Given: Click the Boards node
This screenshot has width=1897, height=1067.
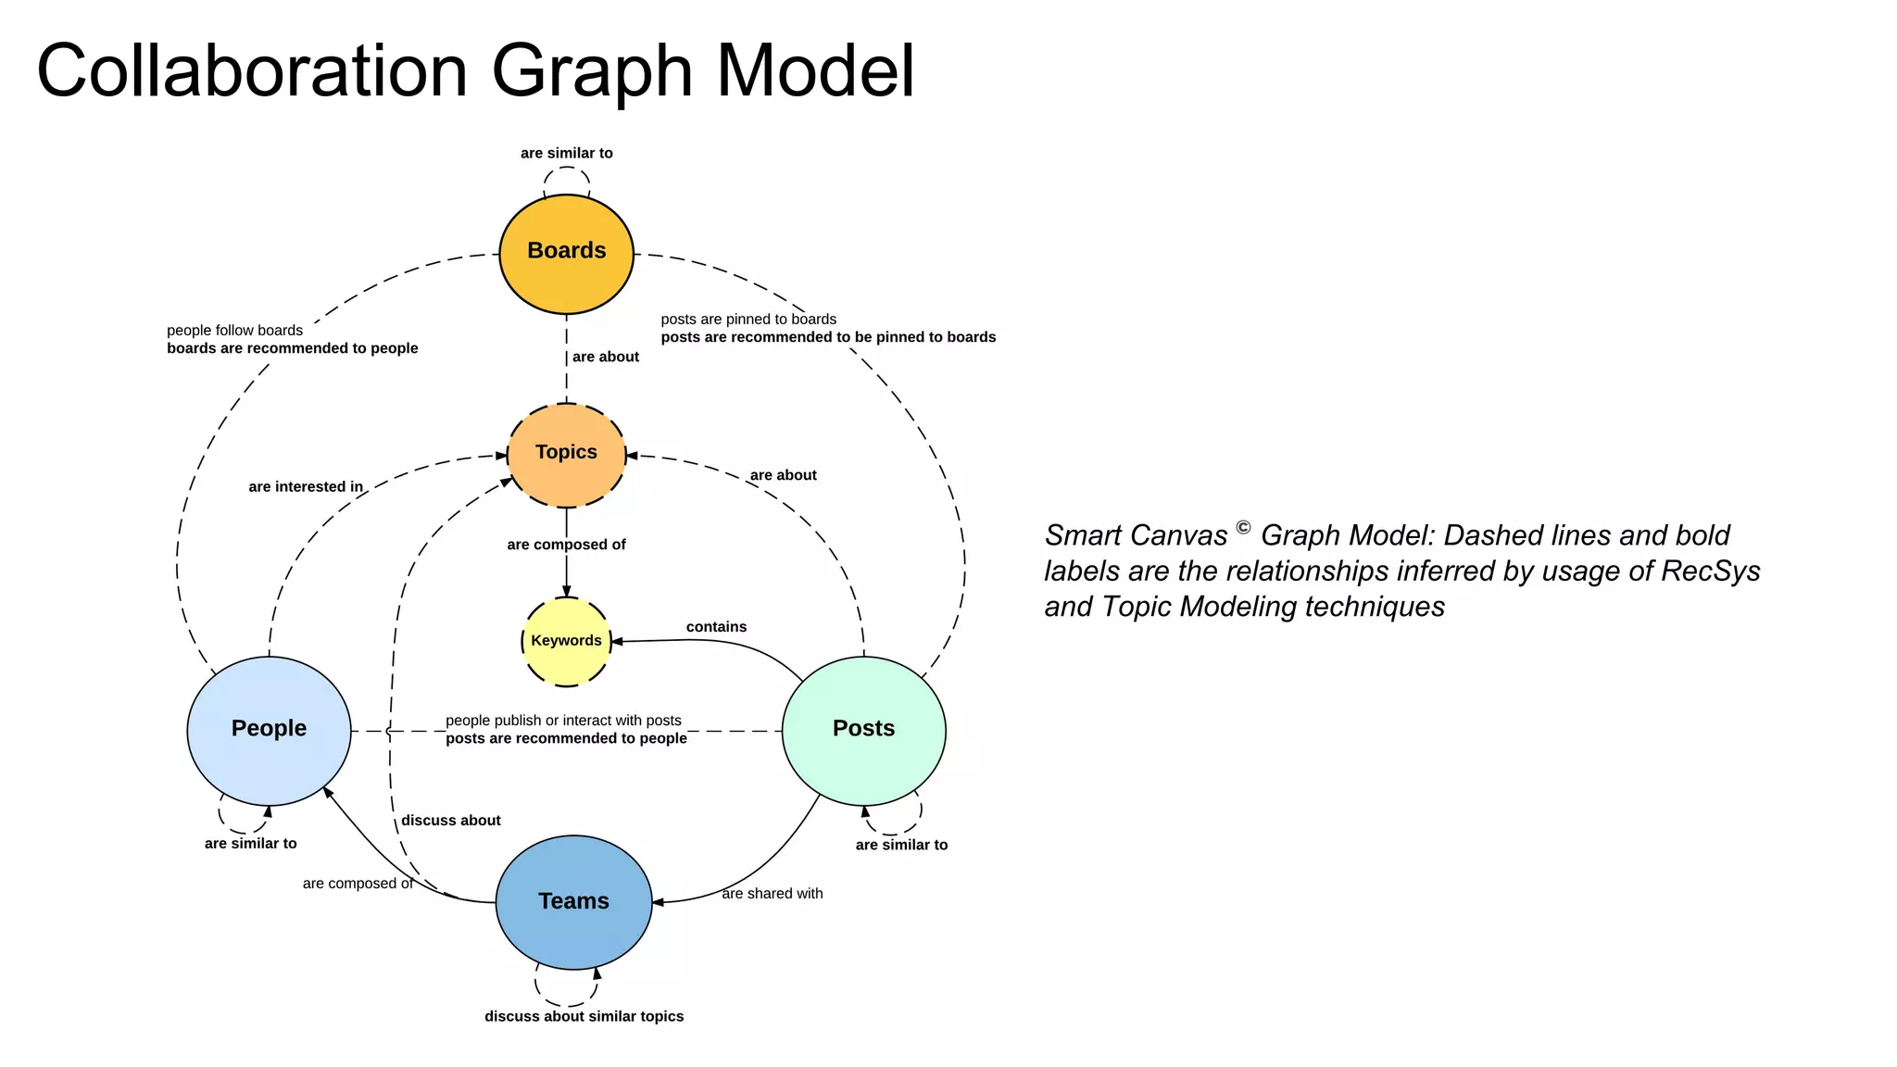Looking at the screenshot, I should [x=566, y=253].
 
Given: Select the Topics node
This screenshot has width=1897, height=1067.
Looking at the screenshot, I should [x=566, y=454].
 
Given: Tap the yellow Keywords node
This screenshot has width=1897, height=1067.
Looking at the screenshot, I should [x=566, y=641].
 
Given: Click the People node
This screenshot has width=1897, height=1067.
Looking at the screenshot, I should [x=269, y=730].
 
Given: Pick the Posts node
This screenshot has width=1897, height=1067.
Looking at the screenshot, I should [x=863, y=730].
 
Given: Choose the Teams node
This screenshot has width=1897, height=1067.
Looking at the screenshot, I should [x=573, y=902].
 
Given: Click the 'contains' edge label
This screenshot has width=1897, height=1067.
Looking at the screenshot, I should [x=716, y=627].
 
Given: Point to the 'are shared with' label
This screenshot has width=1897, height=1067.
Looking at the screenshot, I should [x=773, y=894].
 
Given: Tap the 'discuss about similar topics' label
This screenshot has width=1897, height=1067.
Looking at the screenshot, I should [x=584, y=1016].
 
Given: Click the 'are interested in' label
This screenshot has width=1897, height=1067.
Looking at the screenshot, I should [x=306, y=487].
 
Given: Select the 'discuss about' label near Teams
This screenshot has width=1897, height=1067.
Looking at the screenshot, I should [x=450, y=821].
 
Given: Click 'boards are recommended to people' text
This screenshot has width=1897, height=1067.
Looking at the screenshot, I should [x=292, y=348].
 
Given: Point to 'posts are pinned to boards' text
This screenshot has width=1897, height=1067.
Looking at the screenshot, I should [x=748, y=320].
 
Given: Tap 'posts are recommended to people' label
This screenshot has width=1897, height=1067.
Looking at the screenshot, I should [x=566, y=738].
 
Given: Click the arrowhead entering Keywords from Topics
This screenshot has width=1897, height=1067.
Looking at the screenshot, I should [x=566, y=592].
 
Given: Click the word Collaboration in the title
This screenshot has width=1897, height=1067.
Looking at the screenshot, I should [x=252, y=71].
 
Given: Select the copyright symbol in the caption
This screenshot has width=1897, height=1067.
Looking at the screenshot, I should [x=1243, y=528].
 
